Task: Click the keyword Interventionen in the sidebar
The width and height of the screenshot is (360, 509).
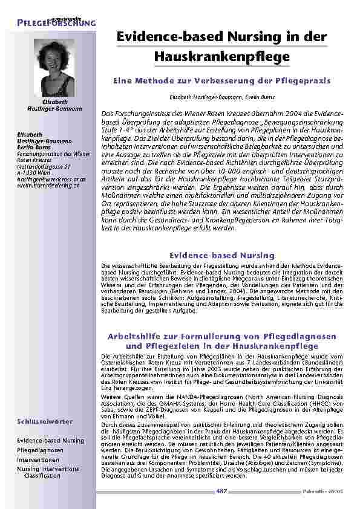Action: pos(39,459)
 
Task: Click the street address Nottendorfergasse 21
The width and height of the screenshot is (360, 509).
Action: pos(44,166)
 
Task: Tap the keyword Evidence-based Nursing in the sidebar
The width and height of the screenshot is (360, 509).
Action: pos(50,441)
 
